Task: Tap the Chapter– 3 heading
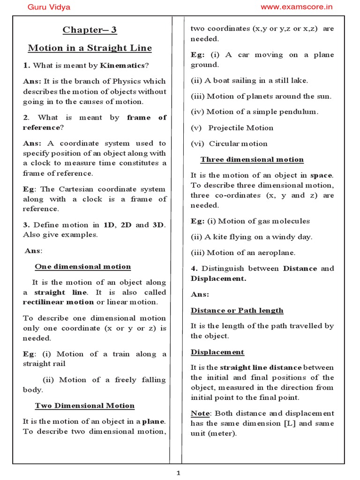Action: [90, 30]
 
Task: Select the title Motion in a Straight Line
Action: [90, 48]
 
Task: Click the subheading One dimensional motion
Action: [83, 267]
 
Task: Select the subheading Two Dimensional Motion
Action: [85, 405]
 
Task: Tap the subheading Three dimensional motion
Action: [252, 159]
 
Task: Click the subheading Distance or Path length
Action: [237, 310]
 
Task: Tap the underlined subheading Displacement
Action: [217, 352]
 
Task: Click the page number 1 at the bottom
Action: [179, 473]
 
